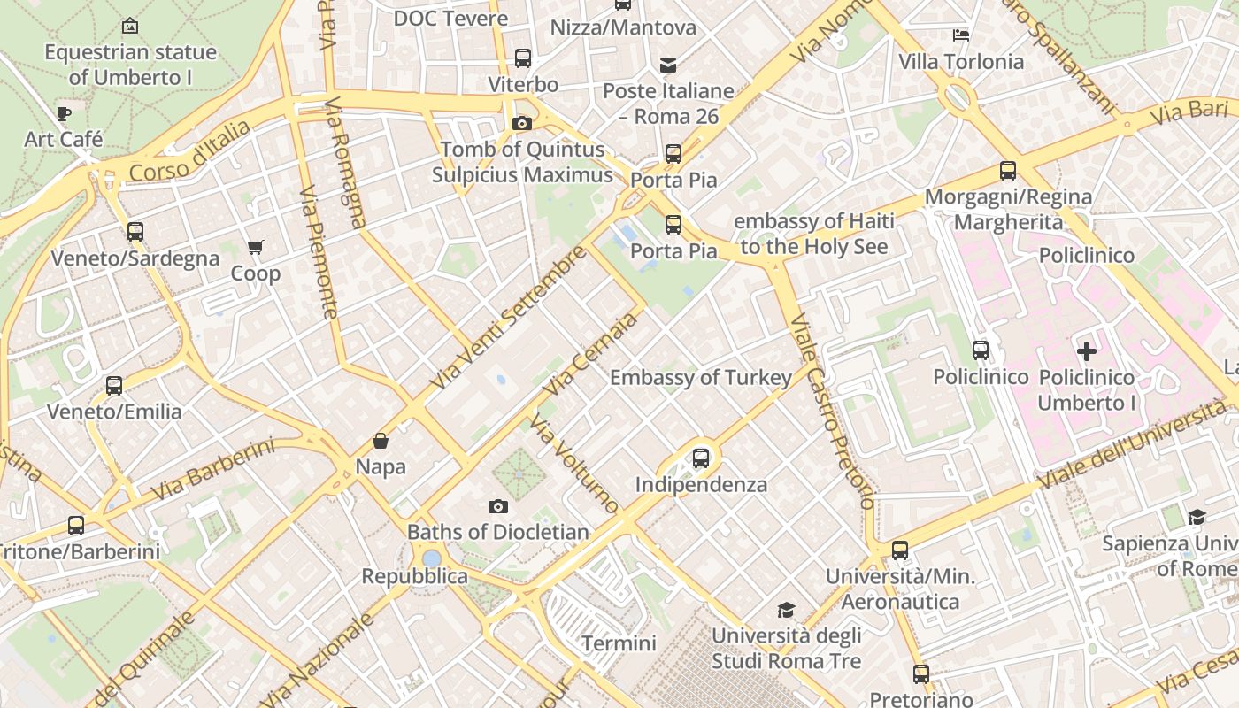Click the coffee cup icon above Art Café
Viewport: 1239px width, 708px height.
tap(63, 113)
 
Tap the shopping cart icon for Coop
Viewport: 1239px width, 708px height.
tap(256, 247)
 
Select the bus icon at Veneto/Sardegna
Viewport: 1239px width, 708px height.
tap(135, 232)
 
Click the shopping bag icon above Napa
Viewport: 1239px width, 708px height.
tap(381, 440)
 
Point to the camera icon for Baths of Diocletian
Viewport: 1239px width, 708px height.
tap(498, 506)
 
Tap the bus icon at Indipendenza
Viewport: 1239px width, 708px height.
tap(701, 458)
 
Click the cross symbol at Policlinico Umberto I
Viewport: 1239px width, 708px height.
tap(1087, 350)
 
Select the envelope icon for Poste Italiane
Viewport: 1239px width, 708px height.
tap(668, 65)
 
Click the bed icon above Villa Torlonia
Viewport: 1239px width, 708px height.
tap(961, 35)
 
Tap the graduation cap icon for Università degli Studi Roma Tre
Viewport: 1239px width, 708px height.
tap(786, 610)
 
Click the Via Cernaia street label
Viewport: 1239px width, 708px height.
tap(590, 355)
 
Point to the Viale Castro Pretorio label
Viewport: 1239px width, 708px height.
tap(832, 412)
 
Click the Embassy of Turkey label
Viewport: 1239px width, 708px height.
tap(701, 378)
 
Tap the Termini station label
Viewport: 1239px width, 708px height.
tap(619, 643)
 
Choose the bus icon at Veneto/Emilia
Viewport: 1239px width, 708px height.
tap(114, 386)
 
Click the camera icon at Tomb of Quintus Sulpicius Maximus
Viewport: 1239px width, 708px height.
tap(522, 123)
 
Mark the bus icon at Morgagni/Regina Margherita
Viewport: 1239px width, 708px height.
tap(1007, 171)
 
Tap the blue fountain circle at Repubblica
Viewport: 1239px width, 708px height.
tap(432, 558)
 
